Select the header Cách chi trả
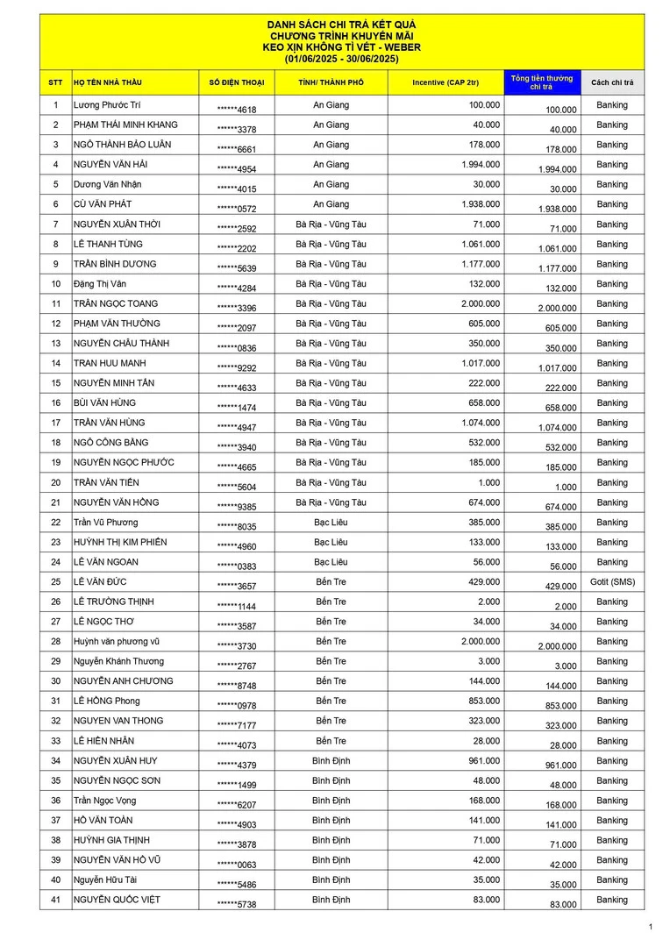click(x=612, y=82)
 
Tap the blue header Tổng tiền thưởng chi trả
click(x=542, y=82)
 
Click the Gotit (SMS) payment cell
click(x=612, y=582)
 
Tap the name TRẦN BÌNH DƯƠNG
click(x=115, y=264)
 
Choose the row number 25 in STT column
click(x=55, y=582)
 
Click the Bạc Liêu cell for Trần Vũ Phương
click(x=331, y=523)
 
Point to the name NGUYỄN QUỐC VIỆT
click(x=117, y=900)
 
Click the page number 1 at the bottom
click(x=650, y=927)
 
